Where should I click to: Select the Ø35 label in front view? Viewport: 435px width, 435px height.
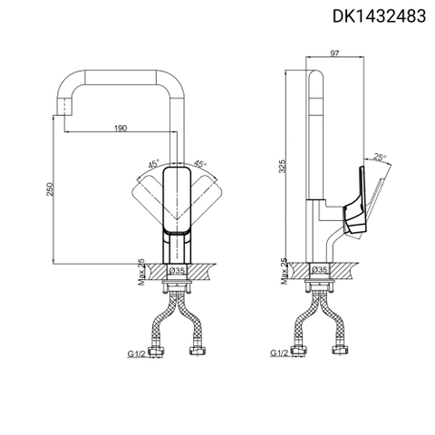click(x=179, y=270)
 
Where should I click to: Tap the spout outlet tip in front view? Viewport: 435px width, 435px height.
click(x=65, y=106)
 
